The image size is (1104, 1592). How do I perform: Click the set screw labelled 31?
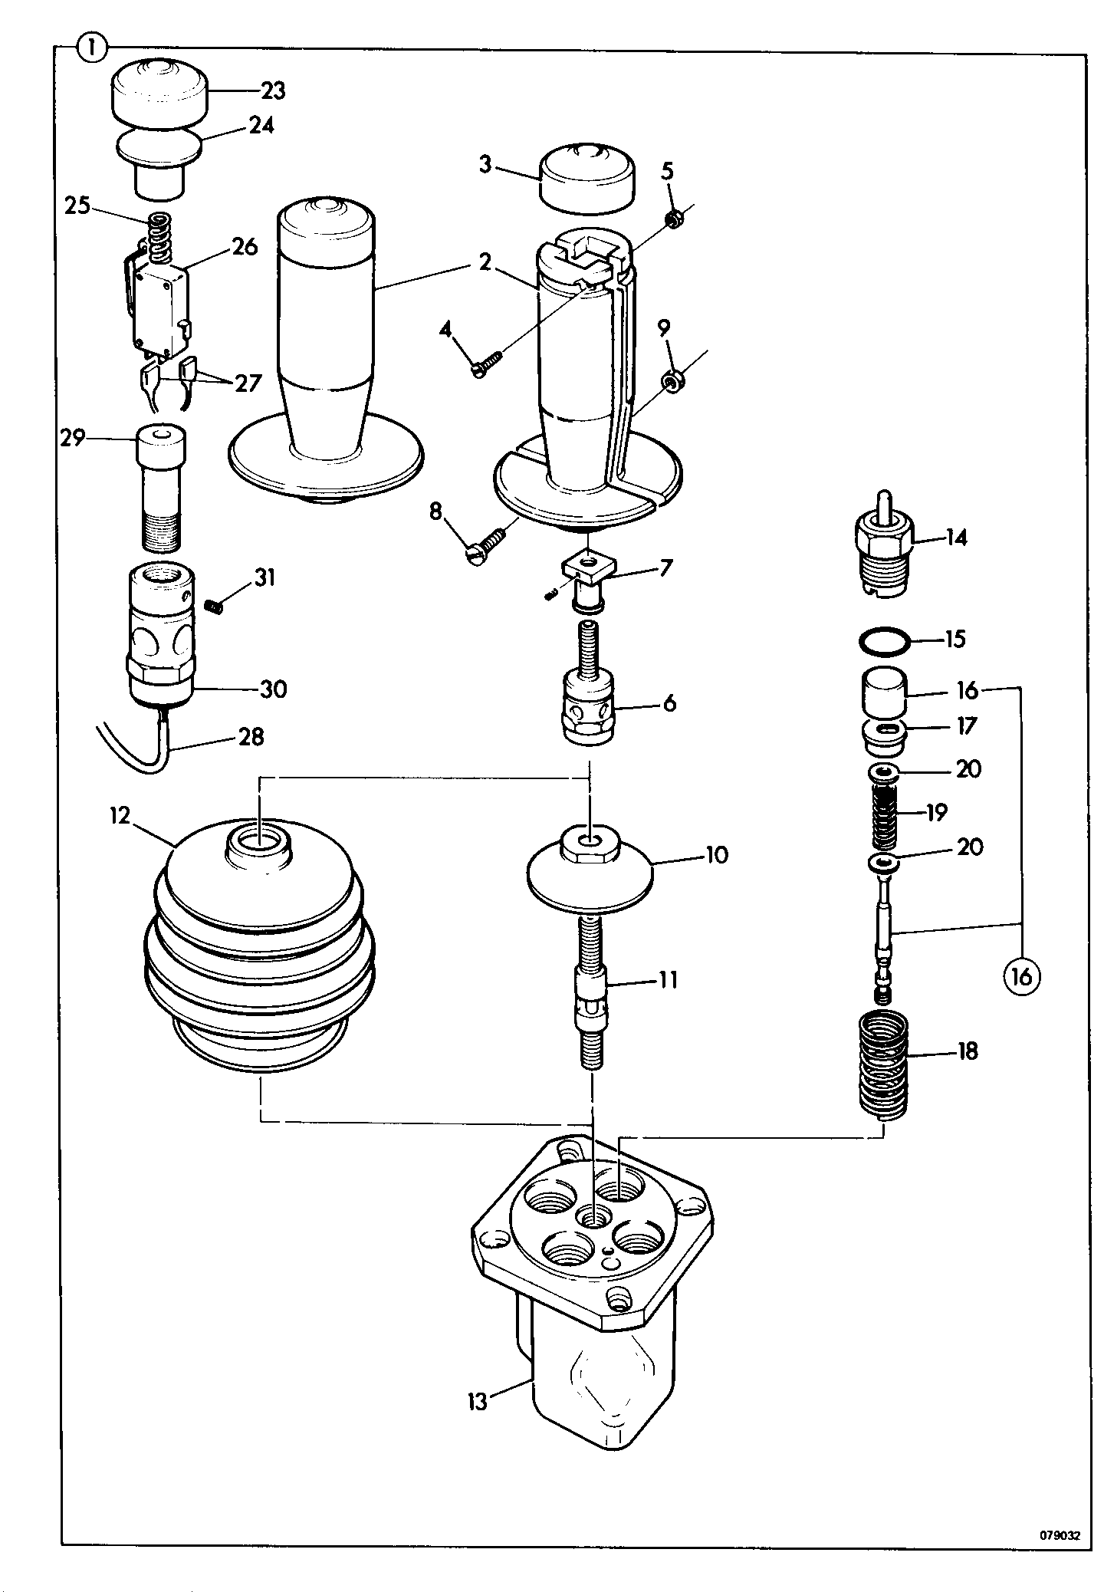(215, 607)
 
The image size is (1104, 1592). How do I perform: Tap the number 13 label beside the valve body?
(478, 1403)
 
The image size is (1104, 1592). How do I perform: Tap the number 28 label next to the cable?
(251, 738)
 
